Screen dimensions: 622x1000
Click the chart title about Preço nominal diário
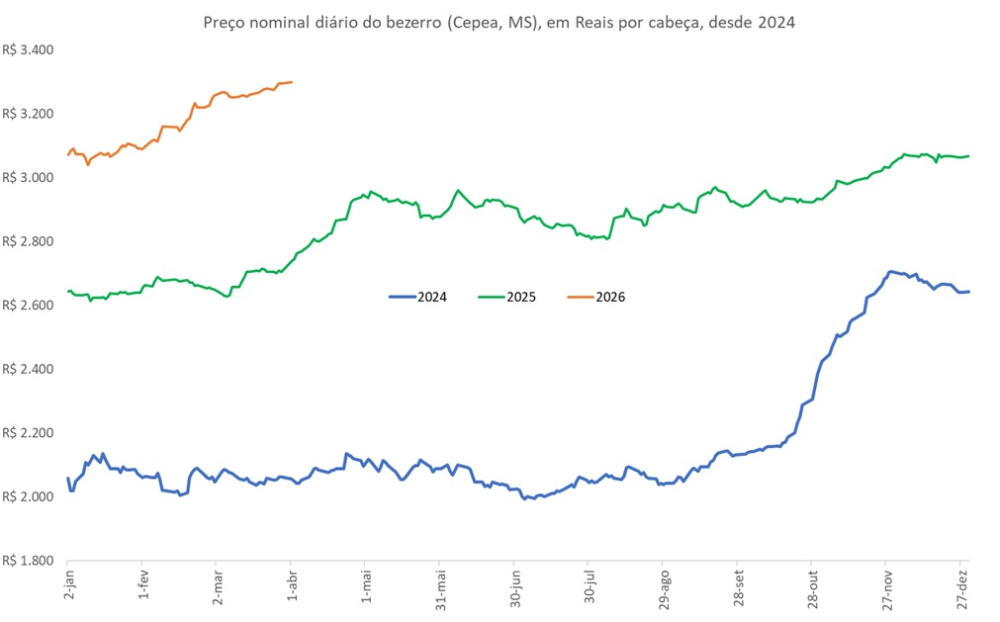[499, 22]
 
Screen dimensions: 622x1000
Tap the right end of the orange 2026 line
[292, 82]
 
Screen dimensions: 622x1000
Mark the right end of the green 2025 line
[968, 156]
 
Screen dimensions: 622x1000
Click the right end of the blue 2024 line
[968, 291]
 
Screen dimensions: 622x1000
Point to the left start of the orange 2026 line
[68, 154]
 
